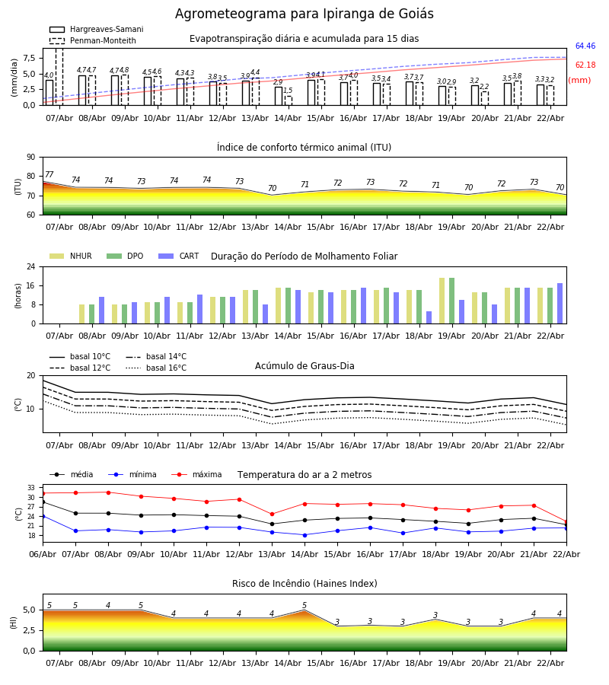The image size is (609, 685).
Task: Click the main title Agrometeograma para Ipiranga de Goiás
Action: [x=304, y=14]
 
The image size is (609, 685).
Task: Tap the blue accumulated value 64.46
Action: [x=585, y=46]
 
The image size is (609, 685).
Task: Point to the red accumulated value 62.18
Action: [x=585, y=65]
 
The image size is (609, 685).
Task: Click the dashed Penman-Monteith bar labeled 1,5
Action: [x=288, y=100]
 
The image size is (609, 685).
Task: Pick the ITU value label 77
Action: [x=49, y=175]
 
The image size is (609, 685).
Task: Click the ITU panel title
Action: [x=304, y=148]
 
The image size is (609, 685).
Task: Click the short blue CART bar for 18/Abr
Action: [x=429, y=317]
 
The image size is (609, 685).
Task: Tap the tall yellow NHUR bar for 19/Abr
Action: [x=442, y=301]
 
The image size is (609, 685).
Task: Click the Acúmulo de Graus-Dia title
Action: [x=304, y=366]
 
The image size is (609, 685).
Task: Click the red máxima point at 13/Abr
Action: [x=272, y=514]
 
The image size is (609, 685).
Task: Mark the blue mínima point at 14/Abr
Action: [x=304, y=535]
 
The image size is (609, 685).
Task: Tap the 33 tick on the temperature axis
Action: [x=31, y=488]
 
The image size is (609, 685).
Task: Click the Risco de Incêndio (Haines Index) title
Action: [x=304, y=584]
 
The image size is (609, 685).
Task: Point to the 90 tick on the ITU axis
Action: [x=30, y=158]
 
